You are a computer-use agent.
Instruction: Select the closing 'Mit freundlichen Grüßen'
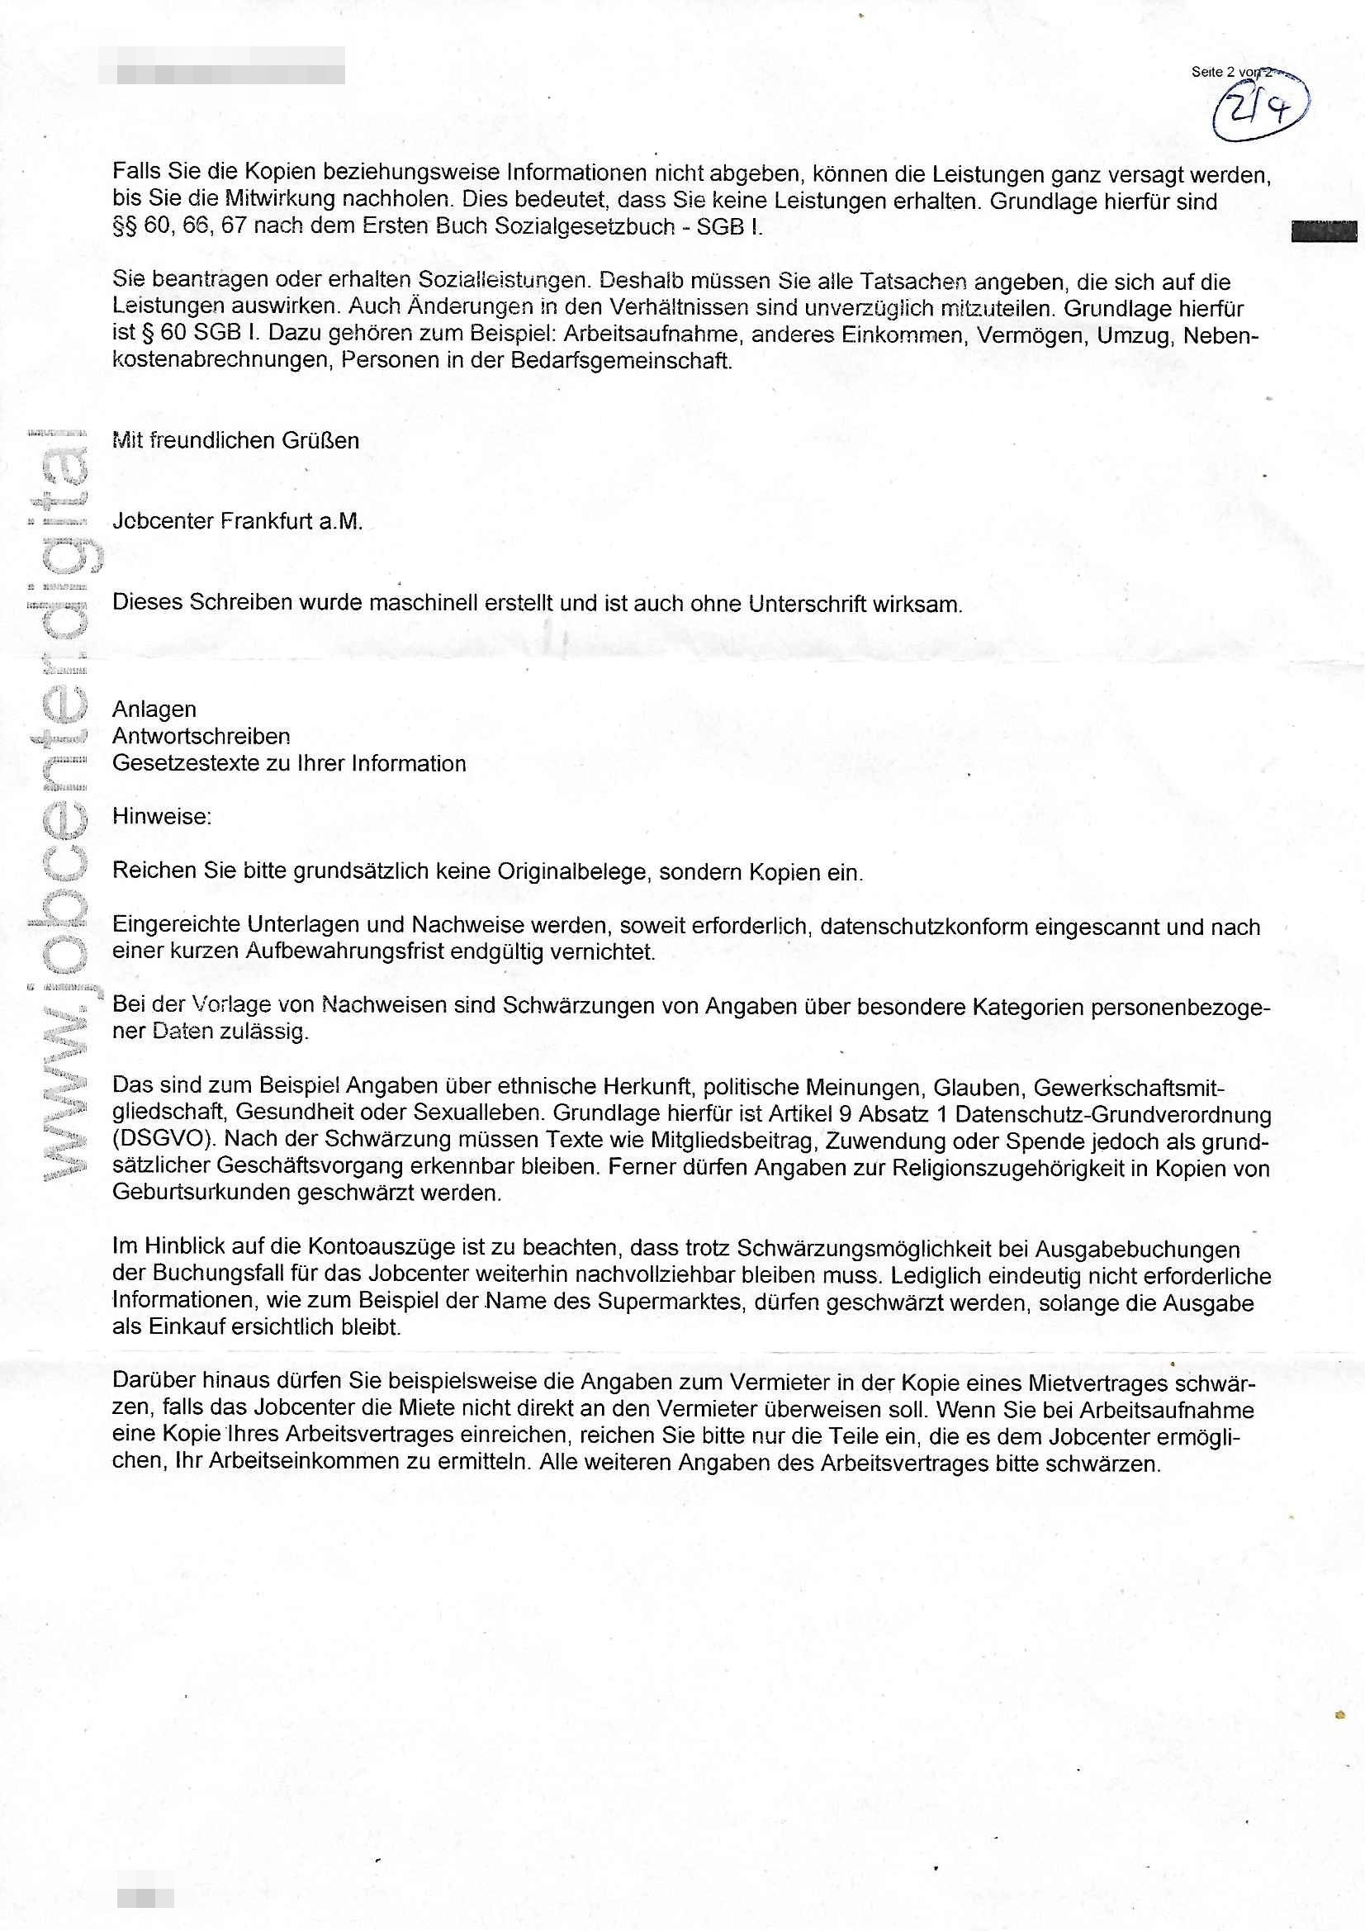235,441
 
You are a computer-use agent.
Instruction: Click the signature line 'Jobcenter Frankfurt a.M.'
237,521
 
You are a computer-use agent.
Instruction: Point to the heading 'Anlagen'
154,709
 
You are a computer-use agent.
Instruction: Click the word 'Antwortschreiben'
201,736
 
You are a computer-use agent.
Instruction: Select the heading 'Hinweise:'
163,816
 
